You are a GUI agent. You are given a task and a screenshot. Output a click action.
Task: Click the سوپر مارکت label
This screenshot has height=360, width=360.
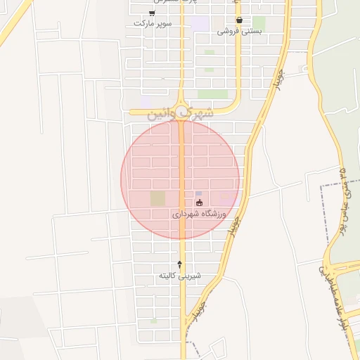point(153,23)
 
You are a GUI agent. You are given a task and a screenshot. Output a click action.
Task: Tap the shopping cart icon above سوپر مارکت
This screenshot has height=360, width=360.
point(153,13)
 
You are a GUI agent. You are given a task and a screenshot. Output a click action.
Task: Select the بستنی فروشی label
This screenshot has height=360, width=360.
point(239,31)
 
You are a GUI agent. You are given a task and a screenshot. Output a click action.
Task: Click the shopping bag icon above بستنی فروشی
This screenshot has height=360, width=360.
point(240,20)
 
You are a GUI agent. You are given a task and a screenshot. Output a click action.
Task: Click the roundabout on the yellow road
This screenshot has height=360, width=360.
point(181,110)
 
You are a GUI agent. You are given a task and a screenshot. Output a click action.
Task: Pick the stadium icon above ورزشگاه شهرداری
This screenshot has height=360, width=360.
point(199,202)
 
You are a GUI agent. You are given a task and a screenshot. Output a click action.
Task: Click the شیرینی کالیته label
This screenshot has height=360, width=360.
point(179,275)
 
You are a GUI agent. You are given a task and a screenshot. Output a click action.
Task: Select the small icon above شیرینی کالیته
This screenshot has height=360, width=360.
point(179,264)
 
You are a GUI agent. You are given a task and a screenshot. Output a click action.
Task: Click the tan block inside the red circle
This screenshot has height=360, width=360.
point(157,198)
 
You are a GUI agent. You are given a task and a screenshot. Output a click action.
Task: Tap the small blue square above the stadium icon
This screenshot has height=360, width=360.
point(198,193)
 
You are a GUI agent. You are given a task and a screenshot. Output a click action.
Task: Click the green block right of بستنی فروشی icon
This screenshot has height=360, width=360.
point(259,23)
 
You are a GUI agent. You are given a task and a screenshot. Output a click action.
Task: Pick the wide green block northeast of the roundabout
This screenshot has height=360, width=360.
point(212,94)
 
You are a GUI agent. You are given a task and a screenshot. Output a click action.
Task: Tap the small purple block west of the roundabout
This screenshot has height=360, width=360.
point(146,103)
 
